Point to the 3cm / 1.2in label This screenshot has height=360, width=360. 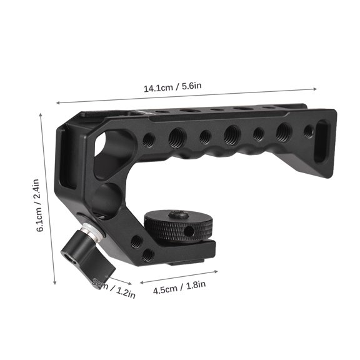[x=114, y=289]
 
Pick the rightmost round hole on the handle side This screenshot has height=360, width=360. [x=307, y=132]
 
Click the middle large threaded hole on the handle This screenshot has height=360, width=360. [x=231, y=133]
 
